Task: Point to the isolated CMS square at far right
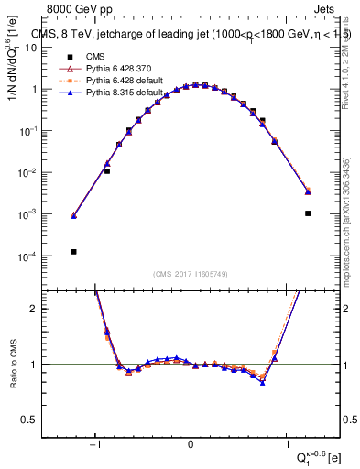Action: [x=308, y=213]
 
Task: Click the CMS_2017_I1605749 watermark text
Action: [x=191, y=274]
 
